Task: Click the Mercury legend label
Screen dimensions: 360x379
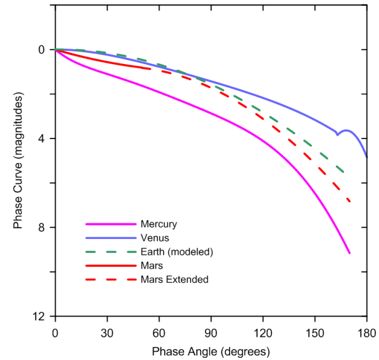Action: click(158, 224)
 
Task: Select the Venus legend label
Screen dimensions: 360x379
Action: click(155, 238)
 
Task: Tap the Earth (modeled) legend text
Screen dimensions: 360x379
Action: click(176, 252)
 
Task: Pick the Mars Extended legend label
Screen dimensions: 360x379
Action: click(174, 280)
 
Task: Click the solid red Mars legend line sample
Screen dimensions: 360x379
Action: click(110, 266)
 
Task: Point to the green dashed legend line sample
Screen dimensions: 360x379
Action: click(110, 252)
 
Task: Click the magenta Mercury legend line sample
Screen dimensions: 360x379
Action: click(110, 224)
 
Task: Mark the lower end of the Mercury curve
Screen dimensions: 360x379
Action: click(350, 253)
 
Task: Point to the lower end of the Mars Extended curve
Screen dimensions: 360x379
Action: click(350, 201)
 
